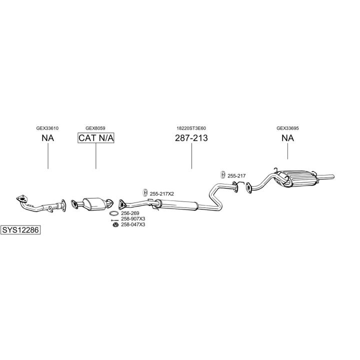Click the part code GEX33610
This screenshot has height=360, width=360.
coord(47,127)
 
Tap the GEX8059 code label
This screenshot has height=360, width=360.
coord(95,127)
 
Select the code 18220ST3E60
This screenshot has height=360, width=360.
coord(191,127)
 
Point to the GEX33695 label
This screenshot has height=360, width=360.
coord(287,127)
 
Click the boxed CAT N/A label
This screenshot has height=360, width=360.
coord(96,138)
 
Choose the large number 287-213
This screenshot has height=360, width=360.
coord(191,138)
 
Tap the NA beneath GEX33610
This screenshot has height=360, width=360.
coord(47,138)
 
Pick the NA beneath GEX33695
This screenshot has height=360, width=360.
coord(287,138)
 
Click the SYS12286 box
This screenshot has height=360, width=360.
coord(20,230)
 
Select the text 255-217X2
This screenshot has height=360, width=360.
coord(162,193)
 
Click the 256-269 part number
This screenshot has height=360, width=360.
coord(129,213)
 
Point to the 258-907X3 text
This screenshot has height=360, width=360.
coord(133,219)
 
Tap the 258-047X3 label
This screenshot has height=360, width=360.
coord(133,224)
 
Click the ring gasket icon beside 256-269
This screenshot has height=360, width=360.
coord(114,213)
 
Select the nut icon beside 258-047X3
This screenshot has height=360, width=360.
coord(114,225)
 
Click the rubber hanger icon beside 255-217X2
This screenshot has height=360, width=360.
coord(145,193)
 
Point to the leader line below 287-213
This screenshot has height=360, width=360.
coord(191,157)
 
